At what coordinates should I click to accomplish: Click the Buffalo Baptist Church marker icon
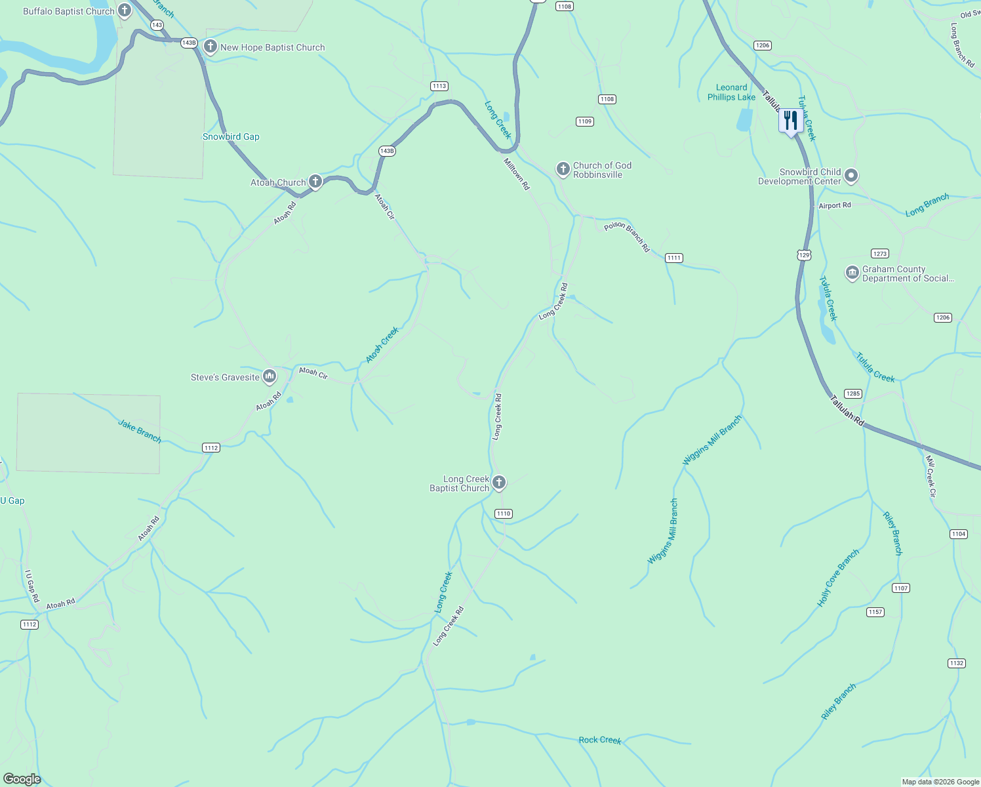[x=125, y=10]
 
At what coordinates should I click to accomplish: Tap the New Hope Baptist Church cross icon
[x=210, y=47]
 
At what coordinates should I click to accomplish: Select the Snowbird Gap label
[x=231, y=136]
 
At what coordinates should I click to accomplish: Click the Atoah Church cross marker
[x=315, y=181]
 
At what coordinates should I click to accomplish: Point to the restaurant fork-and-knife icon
[x=791, y=121]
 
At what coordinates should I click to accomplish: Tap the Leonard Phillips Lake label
[x=731, y=92]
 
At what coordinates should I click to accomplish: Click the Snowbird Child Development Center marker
[x=851, y=176]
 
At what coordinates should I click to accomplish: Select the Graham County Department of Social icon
[x=852, y=273]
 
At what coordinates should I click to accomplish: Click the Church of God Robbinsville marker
[x=563, y=169]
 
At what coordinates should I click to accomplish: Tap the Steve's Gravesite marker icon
[x=269, y=376]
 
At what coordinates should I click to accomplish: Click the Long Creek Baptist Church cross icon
[x=499, y=483]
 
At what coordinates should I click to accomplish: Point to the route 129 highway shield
[x=805, y=254]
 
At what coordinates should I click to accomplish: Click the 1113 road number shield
[x=439, y=86]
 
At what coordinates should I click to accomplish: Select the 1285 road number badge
[x=852, y=393]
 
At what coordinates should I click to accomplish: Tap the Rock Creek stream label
[x=599, y=740]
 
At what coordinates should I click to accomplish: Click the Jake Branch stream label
[x=140, y=432]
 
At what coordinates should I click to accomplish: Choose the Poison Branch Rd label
[x=627, y=237]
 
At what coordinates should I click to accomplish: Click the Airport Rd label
[x=835, y=205]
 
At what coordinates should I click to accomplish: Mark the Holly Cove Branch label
[x=838, y=578]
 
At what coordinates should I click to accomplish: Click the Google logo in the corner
[x=22, y=779]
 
